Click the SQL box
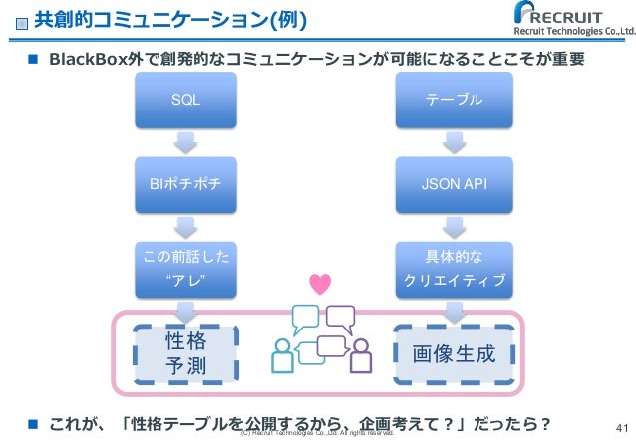[x=184, y=100]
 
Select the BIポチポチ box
[x=184, y=184]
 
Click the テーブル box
[x=454, y=100]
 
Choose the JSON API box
[x=454, y=184]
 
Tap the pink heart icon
[x=320, y=285]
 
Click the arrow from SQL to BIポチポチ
[x=184, y=141]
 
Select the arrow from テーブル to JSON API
[x=454, y=141]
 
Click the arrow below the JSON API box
[x=454, y=226]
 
